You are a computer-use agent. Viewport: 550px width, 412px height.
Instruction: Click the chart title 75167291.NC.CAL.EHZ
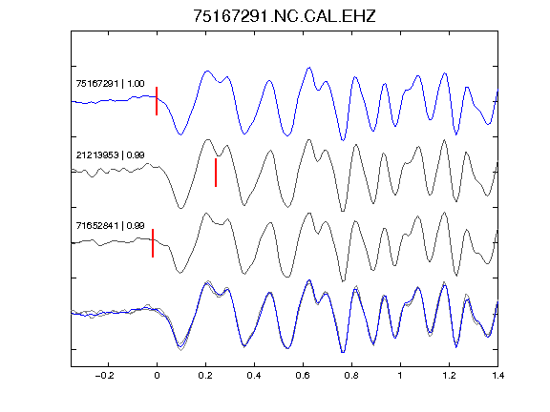pyautogui.click(x=285, y=16)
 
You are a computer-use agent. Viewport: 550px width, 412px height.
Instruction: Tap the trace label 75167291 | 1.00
pyautogui.click(x=110, y=84)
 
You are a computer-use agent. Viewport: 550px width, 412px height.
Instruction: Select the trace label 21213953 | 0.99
pyautogui.click(x=110, y=154)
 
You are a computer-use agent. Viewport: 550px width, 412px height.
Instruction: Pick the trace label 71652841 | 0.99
pyautogui.click(x=110, y=226)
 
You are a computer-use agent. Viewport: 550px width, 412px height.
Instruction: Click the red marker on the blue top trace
pyautogui.click(x=157, y=101)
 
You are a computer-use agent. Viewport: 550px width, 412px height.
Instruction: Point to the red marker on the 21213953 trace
pyautogui.click(x=216, y=173)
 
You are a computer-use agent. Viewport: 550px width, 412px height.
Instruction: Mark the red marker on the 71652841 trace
pyautogui.click(x=153, y=243)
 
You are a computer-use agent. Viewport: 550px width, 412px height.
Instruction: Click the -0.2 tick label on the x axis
pyautogui.click(x=105, y=376)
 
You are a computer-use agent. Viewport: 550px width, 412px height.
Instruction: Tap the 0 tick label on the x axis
pyautogui.click(x=157, y=376)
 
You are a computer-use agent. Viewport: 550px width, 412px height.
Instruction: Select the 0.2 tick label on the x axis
pyautogui.click(x=205, y=376)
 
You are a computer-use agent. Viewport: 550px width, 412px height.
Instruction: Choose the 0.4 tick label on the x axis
pyautogui.click(x=254, y=376)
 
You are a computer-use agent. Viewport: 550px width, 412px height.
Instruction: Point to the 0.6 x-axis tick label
pyautogui.click(x=303, y=376)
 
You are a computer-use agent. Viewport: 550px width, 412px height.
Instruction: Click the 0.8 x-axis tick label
pyautogui.click(x=351, y=376)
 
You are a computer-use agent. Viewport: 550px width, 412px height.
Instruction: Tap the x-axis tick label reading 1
pyautogui.click(x=400, y=376)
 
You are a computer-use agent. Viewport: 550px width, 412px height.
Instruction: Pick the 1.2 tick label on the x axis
pyautogui.click(x=449, y=376)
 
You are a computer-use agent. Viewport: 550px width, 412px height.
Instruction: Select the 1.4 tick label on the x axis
pyautogui.click(x=497, y=376)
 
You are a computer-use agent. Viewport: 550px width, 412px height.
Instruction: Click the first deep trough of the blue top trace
pyautogui.click(x=180, y=134)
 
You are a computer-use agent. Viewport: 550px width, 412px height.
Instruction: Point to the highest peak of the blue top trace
pyautogui.click(x=309, y=68)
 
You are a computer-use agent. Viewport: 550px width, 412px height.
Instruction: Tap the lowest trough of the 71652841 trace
pyautogui.click(x=343, y=280)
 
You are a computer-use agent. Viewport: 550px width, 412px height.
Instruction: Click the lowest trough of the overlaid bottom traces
pyautogui.click(x=343, y=352)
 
